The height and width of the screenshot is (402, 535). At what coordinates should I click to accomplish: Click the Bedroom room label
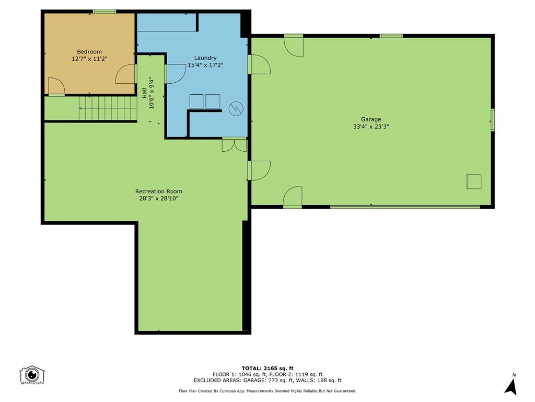coord(89,51)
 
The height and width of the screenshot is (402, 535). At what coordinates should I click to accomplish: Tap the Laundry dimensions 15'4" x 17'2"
coord(205,65)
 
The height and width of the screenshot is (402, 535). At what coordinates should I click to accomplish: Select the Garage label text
coord(371,119)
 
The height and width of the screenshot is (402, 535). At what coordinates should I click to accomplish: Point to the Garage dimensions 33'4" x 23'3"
coord(371,127)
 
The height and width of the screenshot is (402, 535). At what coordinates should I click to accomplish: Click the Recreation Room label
coord(159,191)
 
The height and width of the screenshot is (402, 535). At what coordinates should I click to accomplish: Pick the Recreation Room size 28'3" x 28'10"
coord(159,198)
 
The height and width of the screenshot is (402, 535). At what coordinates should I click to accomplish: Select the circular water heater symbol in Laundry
coord(236,108)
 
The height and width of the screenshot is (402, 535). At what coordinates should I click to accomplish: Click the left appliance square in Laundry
coord(197,101)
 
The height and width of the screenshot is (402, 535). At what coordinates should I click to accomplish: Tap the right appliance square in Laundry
coord(213,101)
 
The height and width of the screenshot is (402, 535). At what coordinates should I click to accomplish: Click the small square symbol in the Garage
coord(473,181)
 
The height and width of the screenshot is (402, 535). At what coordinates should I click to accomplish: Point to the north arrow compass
coord(511,385)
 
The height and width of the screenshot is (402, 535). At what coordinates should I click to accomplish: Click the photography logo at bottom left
coord(32,375)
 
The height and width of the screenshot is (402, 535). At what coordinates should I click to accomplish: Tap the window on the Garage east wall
coord(492,119)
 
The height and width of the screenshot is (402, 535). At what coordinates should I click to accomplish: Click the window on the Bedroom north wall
coord(104,12)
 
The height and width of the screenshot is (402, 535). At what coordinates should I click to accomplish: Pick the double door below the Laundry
coord(234,144)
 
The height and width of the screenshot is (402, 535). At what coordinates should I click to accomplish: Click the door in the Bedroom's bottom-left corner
coord(56,87)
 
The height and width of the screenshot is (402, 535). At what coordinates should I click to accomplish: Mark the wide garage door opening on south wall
coord(405,207)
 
